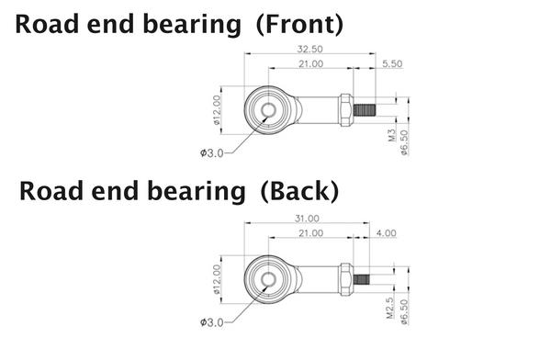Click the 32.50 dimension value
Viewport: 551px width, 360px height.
click(309, 49)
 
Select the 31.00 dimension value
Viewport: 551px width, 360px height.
click(306, 219)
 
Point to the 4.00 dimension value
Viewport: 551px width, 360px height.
click(386, 233)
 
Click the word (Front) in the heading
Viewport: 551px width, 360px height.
click(297, 24)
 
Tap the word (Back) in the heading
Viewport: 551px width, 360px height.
click(299, 191)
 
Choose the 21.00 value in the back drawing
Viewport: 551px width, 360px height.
click(309, 233)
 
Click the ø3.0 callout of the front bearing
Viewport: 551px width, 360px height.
click(211, 152)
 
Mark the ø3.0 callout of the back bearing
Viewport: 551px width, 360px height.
click(211, 321)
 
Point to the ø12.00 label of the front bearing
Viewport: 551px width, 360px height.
click(218, 109)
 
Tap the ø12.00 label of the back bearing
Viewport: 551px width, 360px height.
click(218, 279)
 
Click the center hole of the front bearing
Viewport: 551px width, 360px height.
click(267, 109)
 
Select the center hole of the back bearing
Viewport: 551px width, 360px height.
click(267, 277)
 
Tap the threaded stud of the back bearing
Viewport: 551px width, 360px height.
click(361, 277)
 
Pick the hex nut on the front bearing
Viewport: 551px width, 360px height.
click(346, 109)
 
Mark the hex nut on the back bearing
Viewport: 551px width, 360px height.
click(345, 277)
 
